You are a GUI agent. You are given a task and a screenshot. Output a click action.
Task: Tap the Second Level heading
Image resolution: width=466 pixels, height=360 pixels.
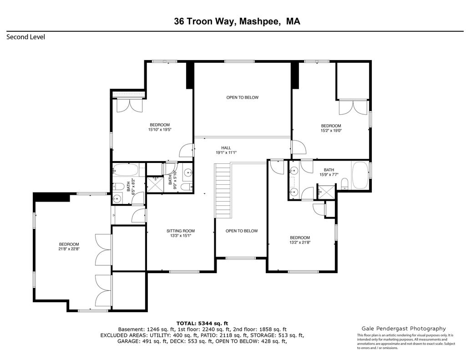pos(26,37)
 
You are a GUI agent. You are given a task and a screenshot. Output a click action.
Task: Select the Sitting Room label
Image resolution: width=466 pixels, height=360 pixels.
pos(181,231)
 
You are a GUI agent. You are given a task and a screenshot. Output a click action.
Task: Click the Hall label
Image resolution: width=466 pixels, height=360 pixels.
pos(226,148)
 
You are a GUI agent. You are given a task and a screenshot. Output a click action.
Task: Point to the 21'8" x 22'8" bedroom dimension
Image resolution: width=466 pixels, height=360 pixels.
pos(69,249)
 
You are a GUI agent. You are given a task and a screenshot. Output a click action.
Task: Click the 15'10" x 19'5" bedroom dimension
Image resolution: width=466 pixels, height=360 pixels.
pos(160,130)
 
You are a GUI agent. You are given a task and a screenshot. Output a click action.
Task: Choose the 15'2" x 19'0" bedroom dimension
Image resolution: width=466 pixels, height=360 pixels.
pos(331,130)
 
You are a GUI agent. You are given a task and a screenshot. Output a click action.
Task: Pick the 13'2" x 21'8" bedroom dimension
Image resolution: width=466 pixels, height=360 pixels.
pos(300,242)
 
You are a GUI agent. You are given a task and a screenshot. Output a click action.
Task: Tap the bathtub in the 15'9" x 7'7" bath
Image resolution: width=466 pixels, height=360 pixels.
pos(360,175)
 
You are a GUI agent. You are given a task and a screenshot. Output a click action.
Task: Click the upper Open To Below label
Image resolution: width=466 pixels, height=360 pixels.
pos(243,97)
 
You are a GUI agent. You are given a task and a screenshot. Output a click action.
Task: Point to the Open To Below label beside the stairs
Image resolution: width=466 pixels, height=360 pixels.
pos(242,231)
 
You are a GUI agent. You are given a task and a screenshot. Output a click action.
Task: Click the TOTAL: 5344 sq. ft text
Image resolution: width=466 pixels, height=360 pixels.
pos(202,324)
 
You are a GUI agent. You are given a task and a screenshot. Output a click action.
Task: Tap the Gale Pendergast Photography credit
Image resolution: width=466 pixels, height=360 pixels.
pos(404,329)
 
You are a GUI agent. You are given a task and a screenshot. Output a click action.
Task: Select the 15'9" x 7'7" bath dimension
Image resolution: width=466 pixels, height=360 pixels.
pos(329,175)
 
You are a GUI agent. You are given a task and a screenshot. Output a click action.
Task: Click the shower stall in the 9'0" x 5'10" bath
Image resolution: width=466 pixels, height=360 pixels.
pos(156,185)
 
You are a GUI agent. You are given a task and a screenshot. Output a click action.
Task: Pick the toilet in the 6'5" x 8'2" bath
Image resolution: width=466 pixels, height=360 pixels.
pos(118,187)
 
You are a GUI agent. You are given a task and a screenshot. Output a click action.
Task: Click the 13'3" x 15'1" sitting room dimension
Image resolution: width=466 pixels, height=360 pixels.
pos(181,236)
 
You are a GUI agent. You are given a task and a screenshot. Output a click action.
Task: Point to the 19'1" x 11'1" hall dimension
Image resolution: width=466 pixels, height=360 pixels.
pos(226,152)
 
